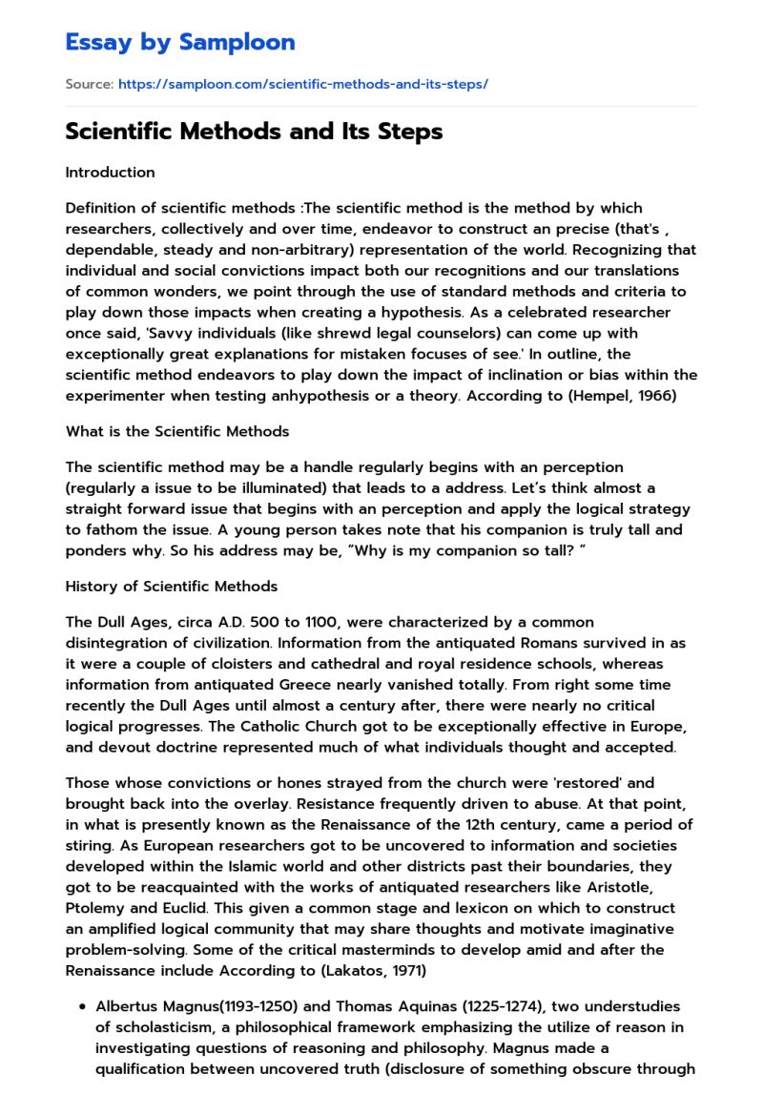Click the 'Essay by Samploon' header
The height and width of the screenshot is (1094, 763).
(x=180, y=42)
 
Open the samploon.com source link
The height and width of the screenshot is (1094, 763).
(x=303, y=84)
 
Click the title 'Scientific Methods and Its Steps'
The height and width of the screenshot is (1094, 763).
(x=254, y=132)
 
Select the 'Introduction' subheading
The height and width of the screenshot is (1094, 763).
(x=110, y=173)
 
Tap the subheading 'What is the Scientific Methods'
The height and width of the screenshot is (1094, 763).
(x=177, y=431)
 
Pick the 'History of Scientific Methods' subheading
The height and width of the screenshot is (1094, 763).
(x=172, y=586)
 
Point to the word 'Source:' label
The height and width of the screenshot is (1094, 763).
(x=90, y=84)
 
